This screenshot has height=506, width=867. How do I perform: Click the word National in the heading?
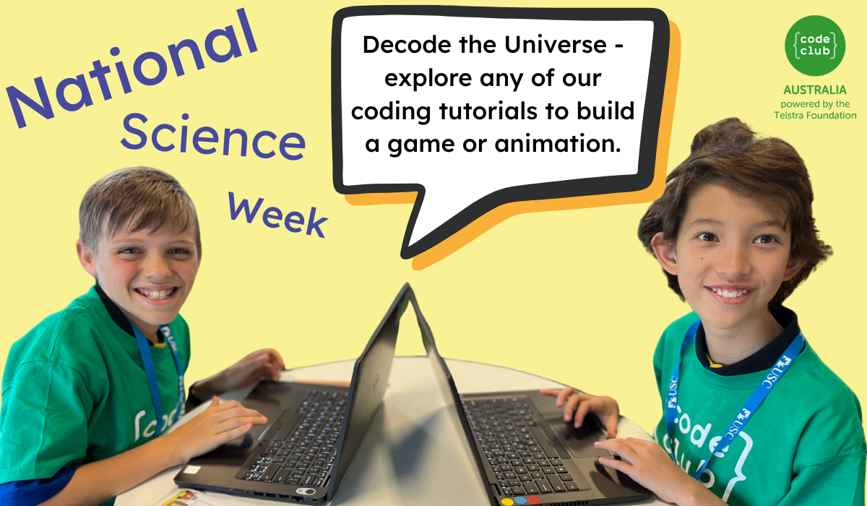(x=131, y=69)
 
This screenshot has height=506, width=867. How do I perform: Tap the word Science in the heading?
(x=213, y=137)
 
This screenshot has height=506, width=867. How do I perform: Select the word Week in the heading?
(x=277, y=215)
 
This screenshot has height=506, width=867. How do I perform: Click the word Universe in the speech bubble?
(x=556, y=45)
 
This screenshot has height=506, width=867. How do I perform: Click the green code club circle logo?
(x=815, y=46)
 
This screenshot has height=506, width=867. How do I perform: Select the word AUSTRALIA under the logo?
(x=815, y=90)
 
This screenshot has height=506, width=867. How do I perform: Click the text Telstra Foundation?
(x=815, y=116)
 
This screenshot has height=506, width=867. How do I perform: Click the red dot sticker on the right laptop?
(x=534, y=499)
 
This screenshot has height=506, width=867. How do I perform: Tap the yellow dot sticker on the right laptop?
(x=506, y=502)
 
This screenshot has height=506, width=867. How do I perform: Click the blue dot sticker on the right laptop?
(x=520, y=501)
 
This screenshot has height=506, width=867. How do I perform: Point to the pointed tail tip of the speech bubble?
(x=403, y=255)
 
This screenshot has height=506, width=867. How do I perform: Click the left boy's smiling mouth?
(x=156, y=293)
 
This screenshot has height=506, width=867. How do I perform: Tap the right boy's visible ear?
(x=665, y=253)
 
